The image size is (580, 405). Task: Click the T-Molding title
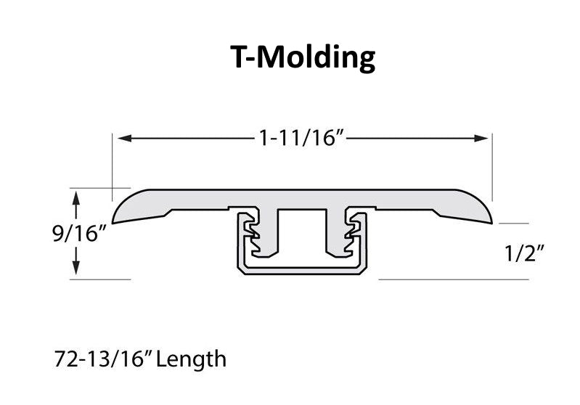[303, 57]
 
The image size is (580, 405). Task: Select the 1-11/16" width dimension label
[301, 139]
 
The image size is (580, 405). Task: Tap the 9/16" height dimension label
[80, 234]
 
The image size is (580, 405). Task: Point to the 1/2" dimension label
[525, 253]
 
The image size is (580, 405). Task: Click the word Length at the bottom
[191, 359]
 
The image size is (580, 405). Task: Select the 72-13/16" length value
[104, 359]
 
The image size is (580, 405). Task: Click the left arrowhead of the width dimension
[125, 139]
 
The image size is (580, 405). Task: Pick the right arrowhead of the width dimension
[481, 139]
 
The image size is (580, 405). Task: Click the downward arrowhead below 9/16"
[75, 267]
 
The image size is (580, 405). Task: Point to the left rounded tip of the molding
[113, 221]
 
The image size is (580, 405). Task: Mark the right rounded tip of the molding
[491, 221]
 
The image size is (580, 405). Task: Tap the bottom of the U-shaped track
[303, 271]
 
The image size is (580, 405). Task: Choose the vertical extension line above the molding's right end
[492, 168]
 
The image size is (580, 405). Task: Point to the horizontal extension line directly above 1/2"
[514, 224]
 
